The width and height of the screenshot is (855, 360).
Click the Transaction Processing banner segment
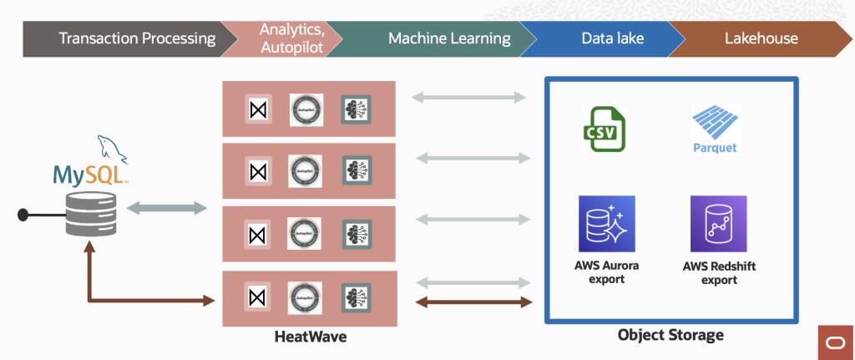pyautogui.click(x=125, y=38)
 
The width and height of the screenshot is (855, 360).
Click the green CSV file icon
pyautogui.click(x=604, y=129)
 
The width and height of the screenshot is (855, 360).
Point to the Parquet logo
pyautogui.click(x=716, y=129)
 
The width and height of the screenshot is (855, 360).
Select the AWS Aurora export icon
pyautogui.click(x=607, y=224)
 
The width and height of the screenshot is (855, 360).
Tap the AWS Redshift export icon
pyautogui.click(x=718, y=224)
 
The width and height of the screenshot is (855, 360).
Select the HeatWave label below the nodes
pyautogui.click(x=310, y=337)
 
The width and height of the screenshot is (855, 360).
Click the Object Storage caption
pyautogui.click(x=670, y=335)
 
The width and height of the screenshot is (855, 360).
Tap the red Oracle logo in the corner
pyautogui.click(x=834, y=342)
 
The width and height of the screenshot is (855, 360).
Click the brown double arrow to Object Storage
pyautogui.click(x=473, y=302)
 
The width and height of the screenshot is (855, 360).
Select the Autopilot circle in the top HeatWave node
pyautogui.click(x=306, y=109)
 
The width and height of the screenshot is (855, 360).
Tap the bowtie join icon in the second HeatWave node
pyautogui.click(x=258, y=170)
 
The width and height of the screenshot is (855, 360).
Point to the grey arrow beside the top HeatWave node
pyautogui.click(x=473, y=98)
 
